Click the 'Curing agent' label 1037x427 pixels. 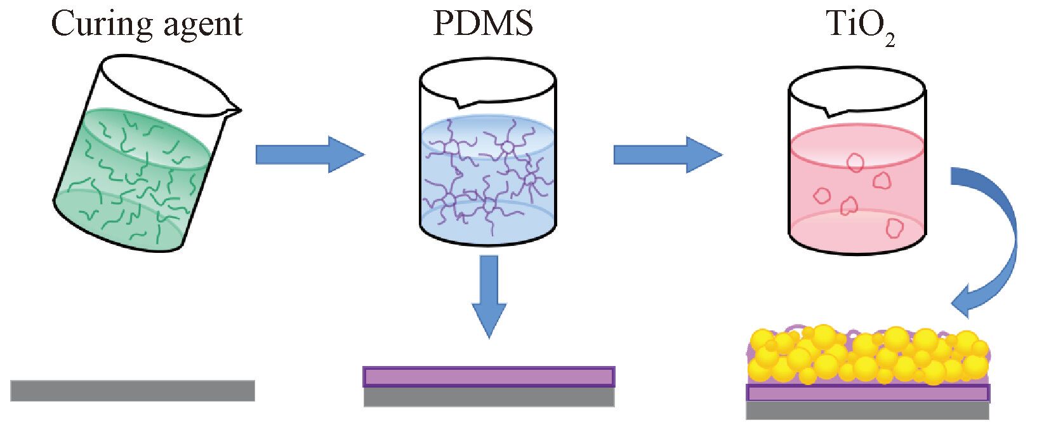pos(147,24)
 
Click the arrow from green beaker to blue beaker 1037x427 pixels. pos(309,154)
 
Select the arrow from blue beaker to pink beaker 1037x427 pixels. pos(667,154)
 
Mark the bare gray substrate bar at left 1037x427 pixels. pos(132,390)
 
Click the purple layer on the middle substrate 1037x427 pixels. pos(489,376)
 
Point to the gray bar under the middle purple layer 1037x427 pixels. pos(489,397)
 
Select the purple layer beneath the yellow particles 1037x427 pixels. pos(868,393)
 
